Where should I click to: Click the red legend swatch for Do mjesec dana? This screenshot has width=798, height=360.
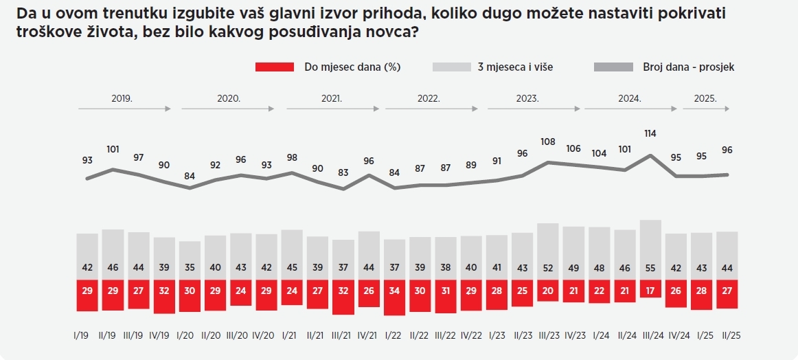pyautogui.click(x=274, y=67)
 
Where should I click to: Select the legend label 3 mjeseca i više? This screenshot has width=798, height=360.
pyautogui.click(x=515, y=67)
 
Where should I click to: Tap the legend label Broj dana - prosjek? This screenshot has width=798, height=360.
pyautogui.click(x=688, y=67)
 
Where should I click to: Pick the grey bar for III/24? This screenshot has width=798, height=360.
pyautogui.click(x=650, y=249)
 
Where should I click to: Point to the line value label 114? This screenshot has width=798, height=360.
pyautogui.click(x=650, y=133)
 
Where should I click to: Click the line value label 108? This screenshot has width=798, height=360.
pyautogui.click(x=548, y=142)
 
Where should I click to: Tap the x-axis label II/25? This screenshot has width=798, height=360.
pyautogui.click(x=727, y=335)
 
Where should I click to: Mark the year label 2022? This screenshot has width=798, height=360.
pyautogui.click(x=429, y=98)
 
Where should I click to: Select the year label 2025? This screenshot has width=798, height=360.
pyautogui.click(x=705, y=98)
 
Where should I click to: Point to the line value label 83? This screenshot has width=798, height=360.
pyautogui.click(x=343, y=172)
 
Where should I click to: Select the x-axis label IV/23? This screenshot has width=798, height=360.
pyautogui.click(x=573, y=335)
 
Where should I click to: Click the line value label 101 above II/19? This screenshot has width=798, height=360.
pyautogui.click(x=113, y=149)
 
